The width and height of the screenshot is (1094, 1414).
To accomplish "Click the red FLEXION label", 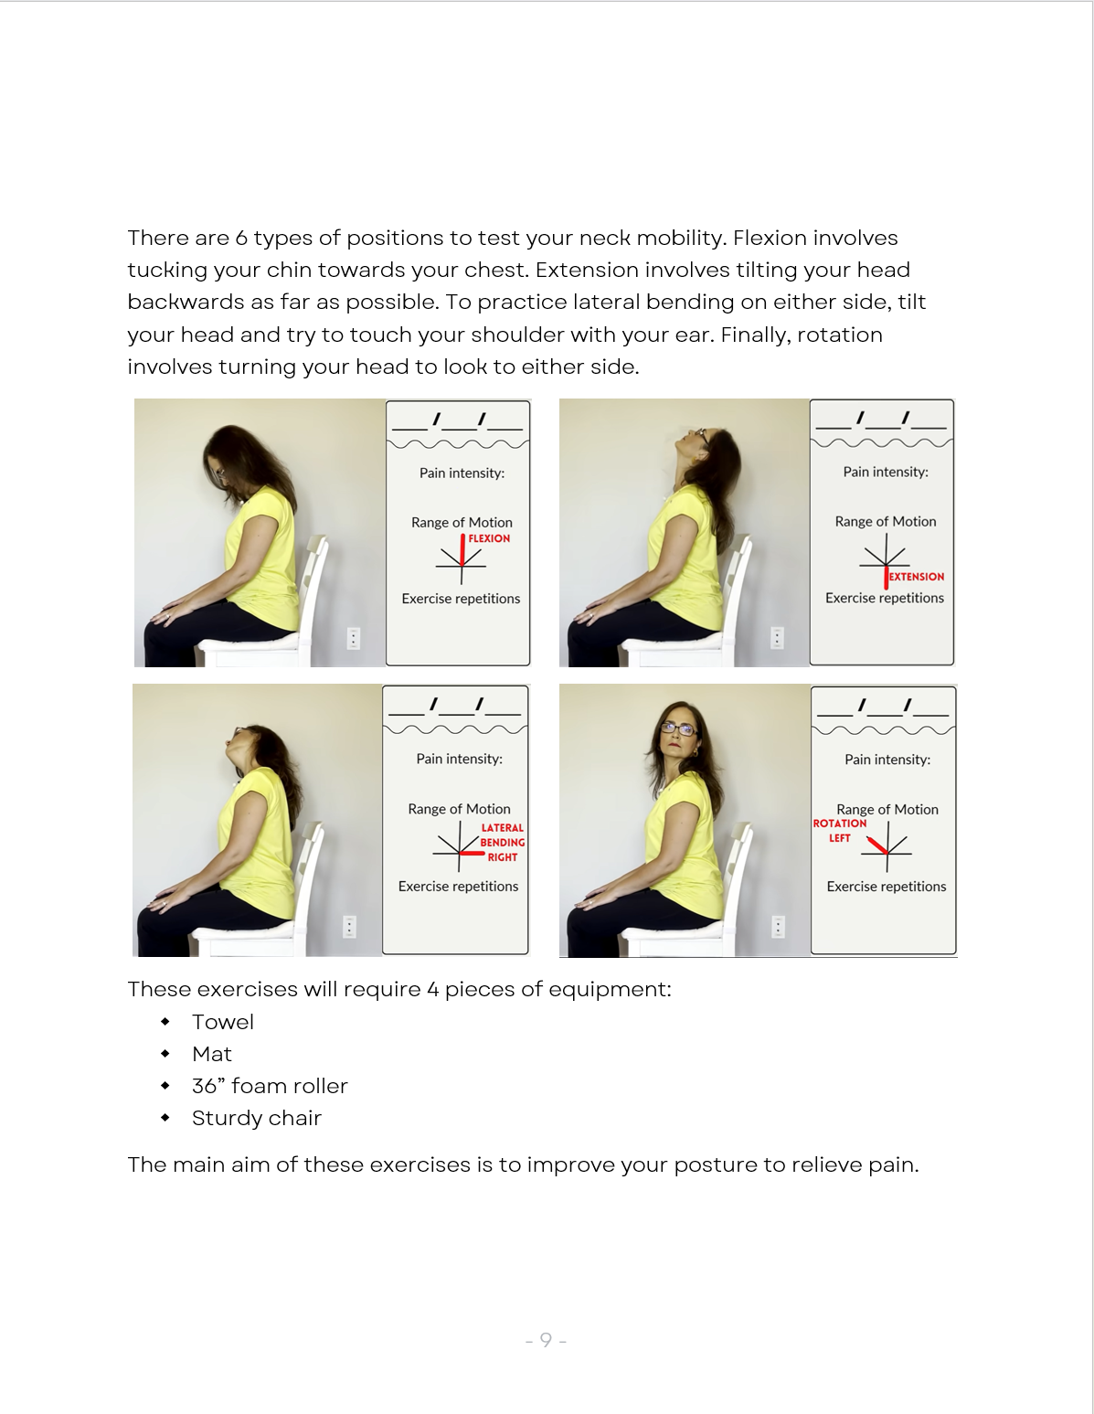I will (489, 538).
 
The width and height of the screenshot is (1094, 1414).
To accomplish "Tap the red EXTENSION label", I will (916, 577).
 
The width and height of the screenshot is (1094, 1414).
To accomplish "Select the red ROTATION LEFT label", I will (839, 830).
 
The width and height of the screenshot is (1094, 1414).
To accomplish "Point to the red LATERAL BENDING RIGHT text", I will (502, 842).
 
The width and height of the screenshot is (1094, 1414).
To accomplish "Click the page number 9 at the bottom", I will (546, 1340).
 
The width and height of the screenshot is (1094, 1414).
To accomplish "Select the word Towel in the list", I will (222, 1022).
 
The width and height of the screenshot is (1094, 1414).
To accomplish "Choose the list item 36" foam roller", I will (270, 1086).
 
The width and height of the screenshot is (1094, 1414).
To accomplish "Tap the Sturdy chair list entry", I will (256, 1118).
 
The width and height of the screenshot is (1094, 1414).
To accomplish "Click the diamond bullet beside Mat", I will (165, 1054).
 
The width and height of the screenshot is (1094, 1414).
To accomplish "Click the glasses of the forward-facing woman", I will (678, 728).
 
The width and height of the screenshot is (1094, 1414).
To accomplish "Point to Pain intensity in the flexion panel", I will (462, 473).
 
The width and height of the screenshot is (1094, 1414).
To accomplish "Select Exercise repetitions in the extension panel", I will (884, 598).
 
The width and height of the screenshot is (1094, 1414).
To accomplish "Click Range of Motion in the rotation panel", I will (887, 809).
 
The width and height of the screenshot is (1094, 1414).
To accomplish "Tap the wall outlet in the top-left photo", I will (354, 638).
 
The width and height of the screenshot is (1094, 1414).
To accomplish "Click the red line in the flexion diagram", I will (462, 550).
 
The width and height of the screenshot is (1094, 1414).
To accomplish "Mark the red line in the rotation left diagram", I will (877, 845).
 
